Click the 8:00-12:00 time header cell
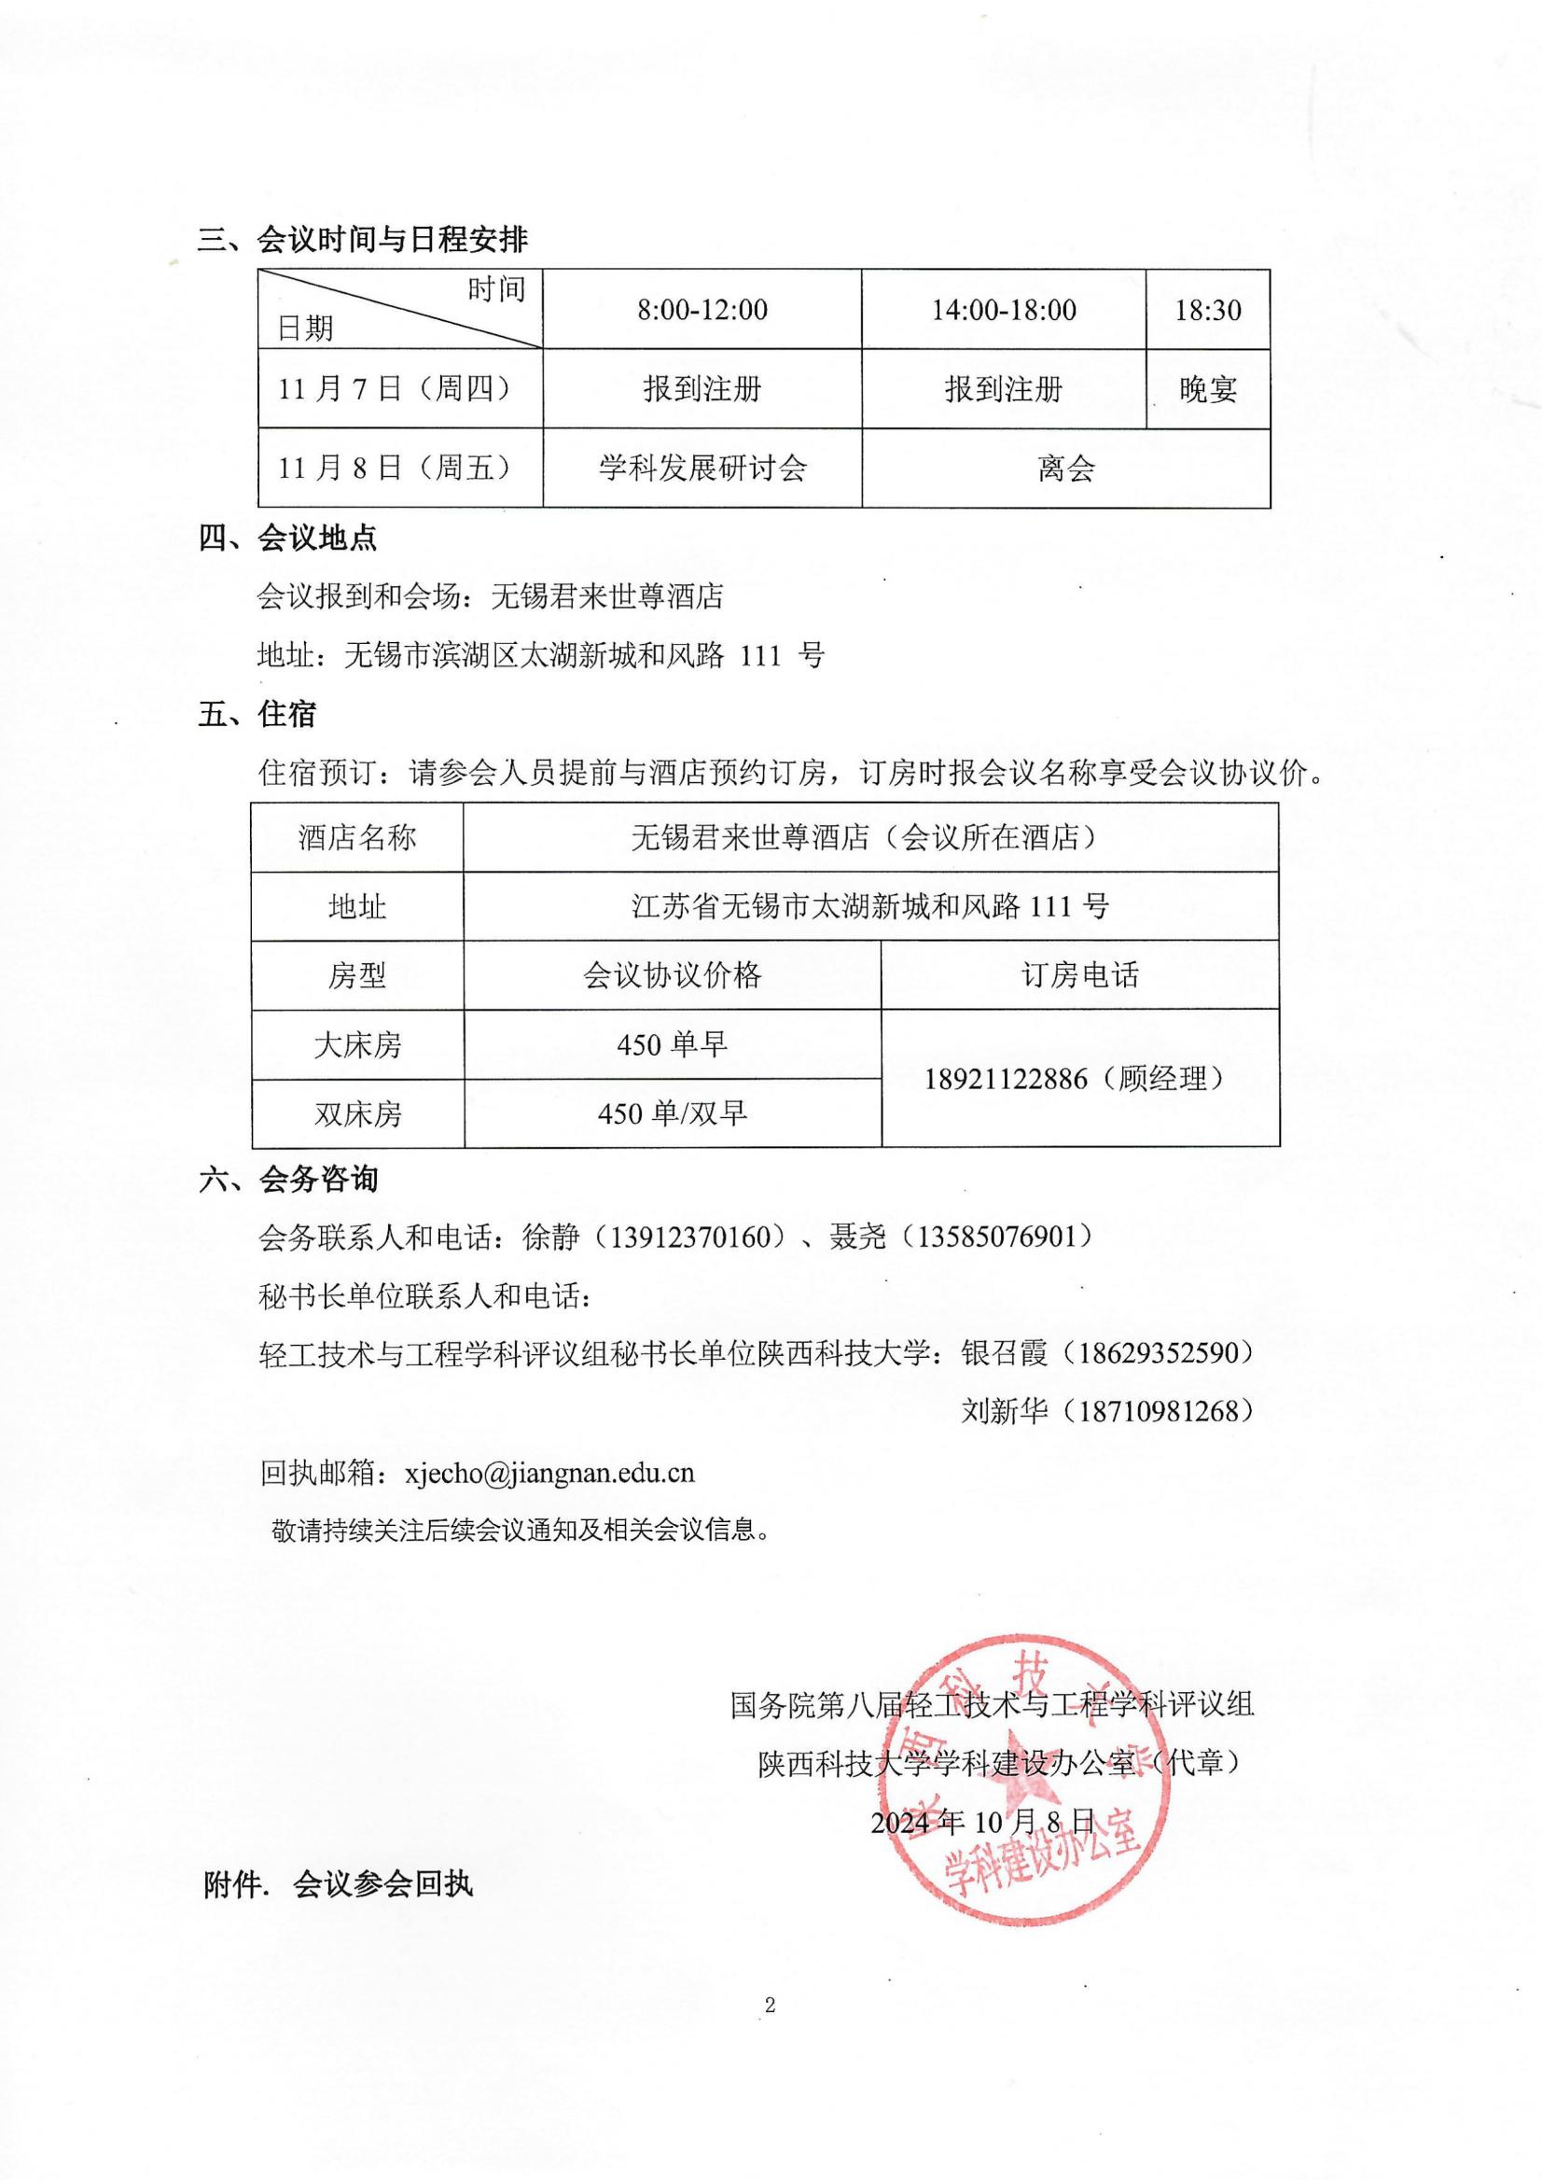702,310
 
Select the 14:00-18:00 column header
1004,310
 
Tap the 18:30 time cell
1207,310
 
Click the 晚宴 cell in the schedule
1207,388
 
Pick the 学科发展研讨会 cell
702,468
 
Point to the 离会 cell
1066,468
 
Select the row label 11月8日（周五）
395,468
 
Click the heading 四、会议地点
287,539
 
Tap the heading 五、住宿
257,714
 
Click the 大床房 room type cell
357,1045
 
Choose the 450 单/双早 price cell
672,1112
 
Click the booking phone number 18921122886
1006,1079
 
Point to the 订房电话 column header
1079,975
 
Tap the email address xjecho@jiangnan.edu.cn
549,1472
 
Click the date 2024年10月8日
982,1820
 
